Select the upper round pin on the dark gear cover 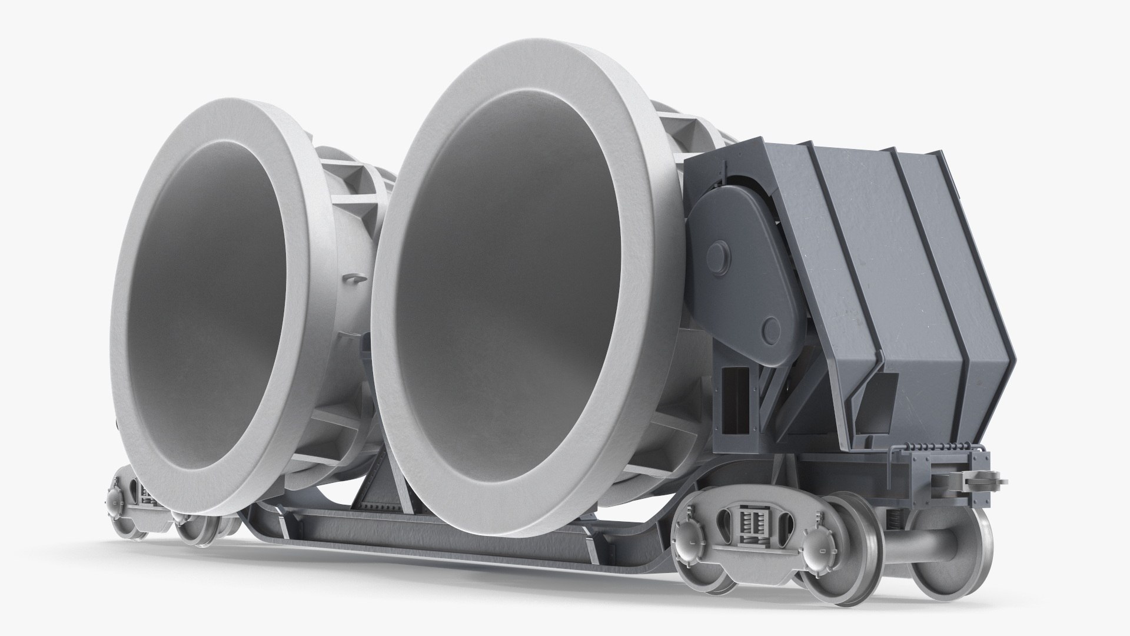(717, 256)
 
